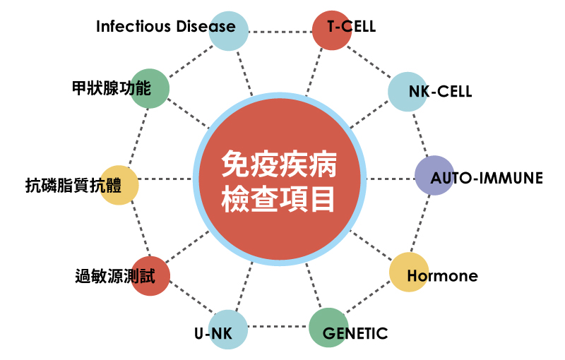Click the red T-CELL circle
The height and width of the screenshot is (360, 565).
pyautogui.click(x=331, y=30)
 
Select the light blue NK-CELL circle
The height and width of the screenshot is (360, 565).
pyautogui.click(x=408, y=92)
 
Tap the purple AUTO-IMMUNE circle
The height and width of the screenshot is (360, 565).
pyautogui.click(x=434, y=175)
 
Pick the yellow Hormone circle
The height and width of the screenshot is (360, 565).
pyautogui.click(x=409, y=272)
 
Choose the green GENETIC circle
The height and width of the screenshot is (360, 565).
pyautogui.click(x=329, y=328)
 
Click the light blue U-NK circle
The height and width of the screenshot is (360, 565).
pyautogui.click(x=228, y=330)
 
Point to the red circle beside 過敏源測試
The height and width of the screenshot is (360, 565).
pyautogui.click(x=150, y=276)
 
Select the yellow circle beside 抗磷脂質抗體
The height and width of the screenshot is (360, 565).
pyautogui.click(x=119, y=185)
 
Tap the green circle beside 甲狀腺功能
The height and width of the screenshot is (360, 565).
pyautogui.click(x=150, y=88)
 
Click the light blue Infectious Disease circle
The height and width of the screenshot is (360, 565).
pyautogui.click(x=228, y=31)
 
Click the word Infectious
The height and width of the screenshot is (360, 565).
pyautogui.click(x=133, y=26)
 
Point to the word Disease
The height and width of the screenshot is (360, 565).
pyautogui.click(x=206, y=26)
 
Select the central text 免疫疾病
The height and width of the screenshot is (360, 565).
pyautogui.click(x=279, y=164)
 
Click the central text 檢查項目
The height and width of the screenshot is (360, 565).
pyautogui.click(x=278, y=199)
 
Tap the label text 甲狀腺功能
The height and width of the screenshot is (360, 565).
pyautogui.click(x=112, y=88)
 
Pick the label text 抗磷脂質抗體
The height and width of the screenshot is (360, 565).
pyautogui.click(x=73, y=186)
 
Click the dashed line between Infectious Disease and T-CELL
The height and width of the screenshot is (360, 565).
pyautogui.click(x=280, y=32)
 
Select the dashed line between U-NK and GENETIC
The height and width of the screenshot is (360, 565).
pyautogui.click(x=278, y=327)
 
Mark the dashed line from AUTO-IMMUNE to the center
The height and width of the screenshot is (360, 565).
pyautogui.click(x=391, y=179)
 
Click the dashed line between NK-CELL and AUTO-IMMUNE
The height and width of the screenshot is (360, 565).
pyautogui.click(x=420, y=134)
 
